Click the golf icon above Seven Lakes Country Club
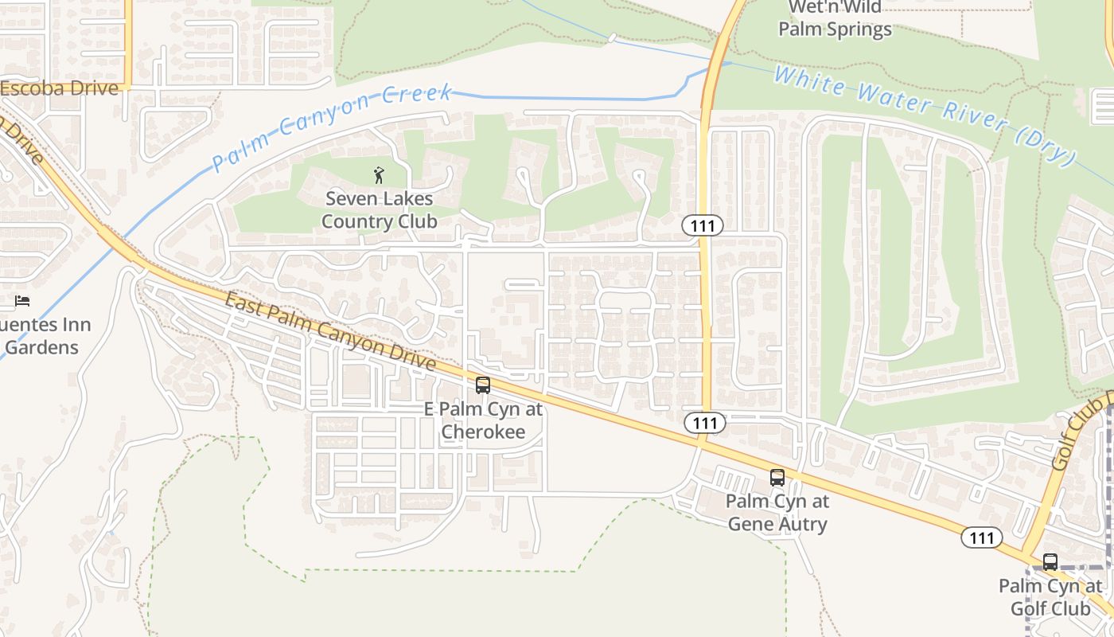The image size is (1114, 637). [x=379, y=174]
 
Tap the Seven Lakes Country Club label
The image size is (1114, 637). [x=379, y=210]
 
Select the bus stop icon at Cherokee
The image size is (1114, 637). [x=483, y=385]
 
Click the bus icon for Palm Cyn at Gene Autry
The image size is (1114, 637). [x=777, y=478]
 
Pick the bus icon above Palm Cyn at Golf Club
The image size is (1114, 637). [x=1050, y=562]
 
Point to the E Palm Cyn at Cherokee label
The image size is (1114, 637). [x=483, y=420]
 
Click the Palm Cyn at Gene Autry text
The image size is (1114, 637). [x=777, y=513]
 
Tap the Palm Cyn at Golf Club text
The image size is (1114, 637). [x=1050, y=597]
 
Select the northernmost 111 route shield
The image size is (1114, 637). [x=703, y=226]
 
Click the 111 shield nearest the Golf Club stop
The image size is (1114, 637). [x=981, y=538]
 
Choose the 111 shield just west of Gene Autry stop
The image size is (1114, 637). [x=704, y=423]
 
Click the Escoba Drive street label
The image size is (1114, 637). [x=59, y=88]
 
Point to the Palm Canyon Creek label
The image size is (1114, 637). [x=333, y=127]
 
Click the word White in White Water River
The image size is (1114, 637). [x=807, y=80]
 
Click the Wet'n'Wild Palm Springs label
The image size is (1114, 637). [x=835, y=19]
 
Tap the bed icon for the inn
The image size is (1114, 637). [x=22, y=301]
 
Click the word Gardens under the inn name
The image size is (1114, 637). [x=42, y=347]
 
